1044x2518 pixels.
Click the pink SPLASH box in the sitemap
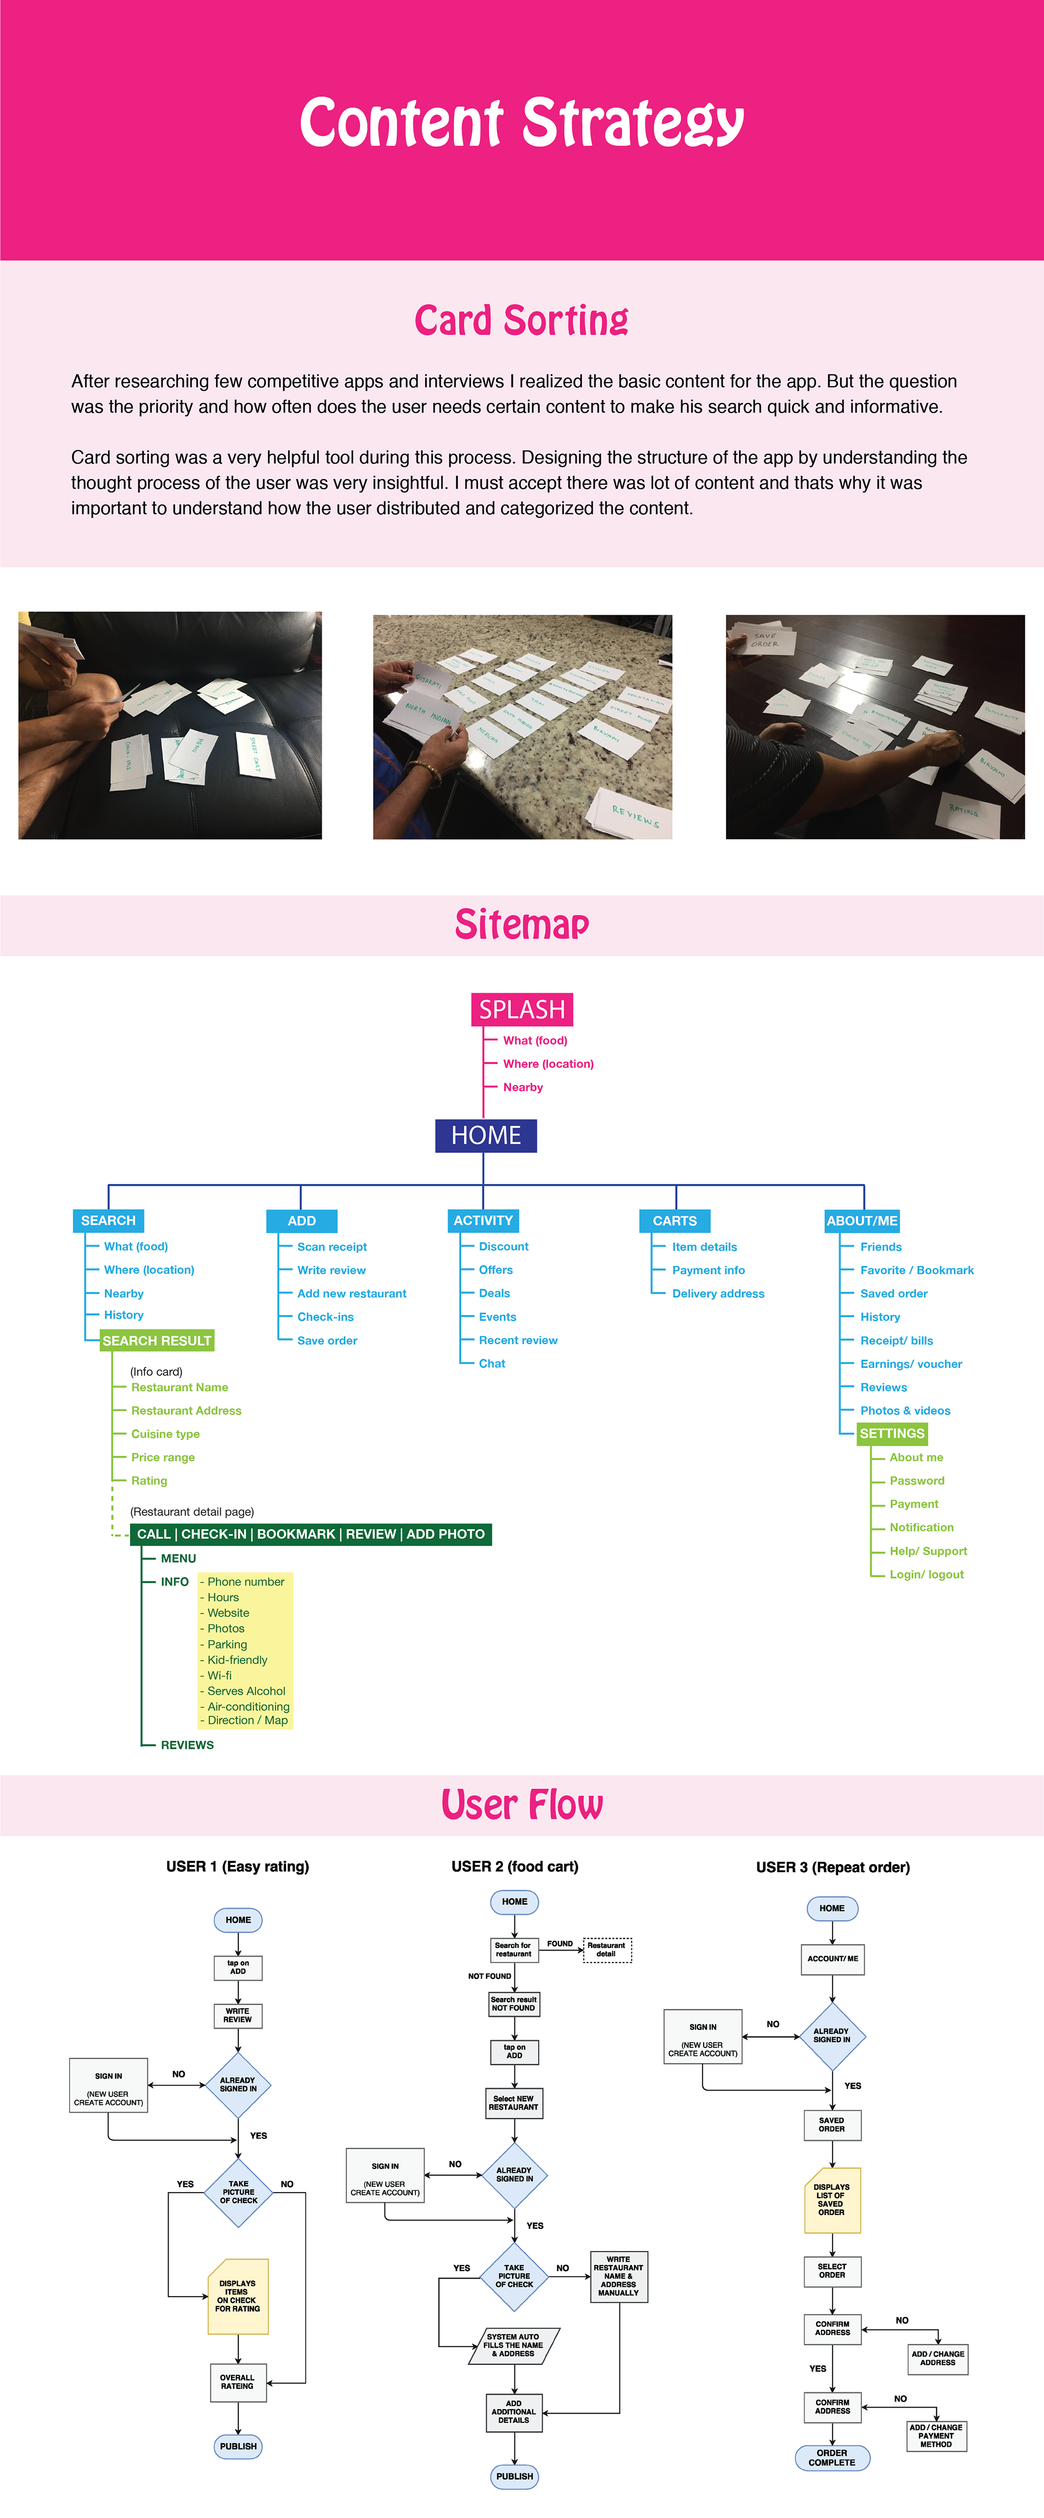click(x=522, y=1009)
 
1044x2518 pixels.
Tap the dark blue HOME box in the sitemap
click(x=486, y=1135)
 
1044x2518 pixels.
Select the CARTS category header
click(x=674, y=1221)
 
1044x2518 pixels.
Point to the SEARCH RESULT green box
click(x=157, y=1341)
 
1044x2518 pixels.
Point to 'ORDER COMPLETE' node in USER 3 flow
click(x=832, y=2458)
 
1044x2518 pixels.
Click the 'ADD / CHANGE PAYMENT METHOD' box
click(x=936, y=2435)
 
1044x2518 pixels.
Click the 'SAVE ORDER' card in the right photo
click(x=766, y=640)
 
